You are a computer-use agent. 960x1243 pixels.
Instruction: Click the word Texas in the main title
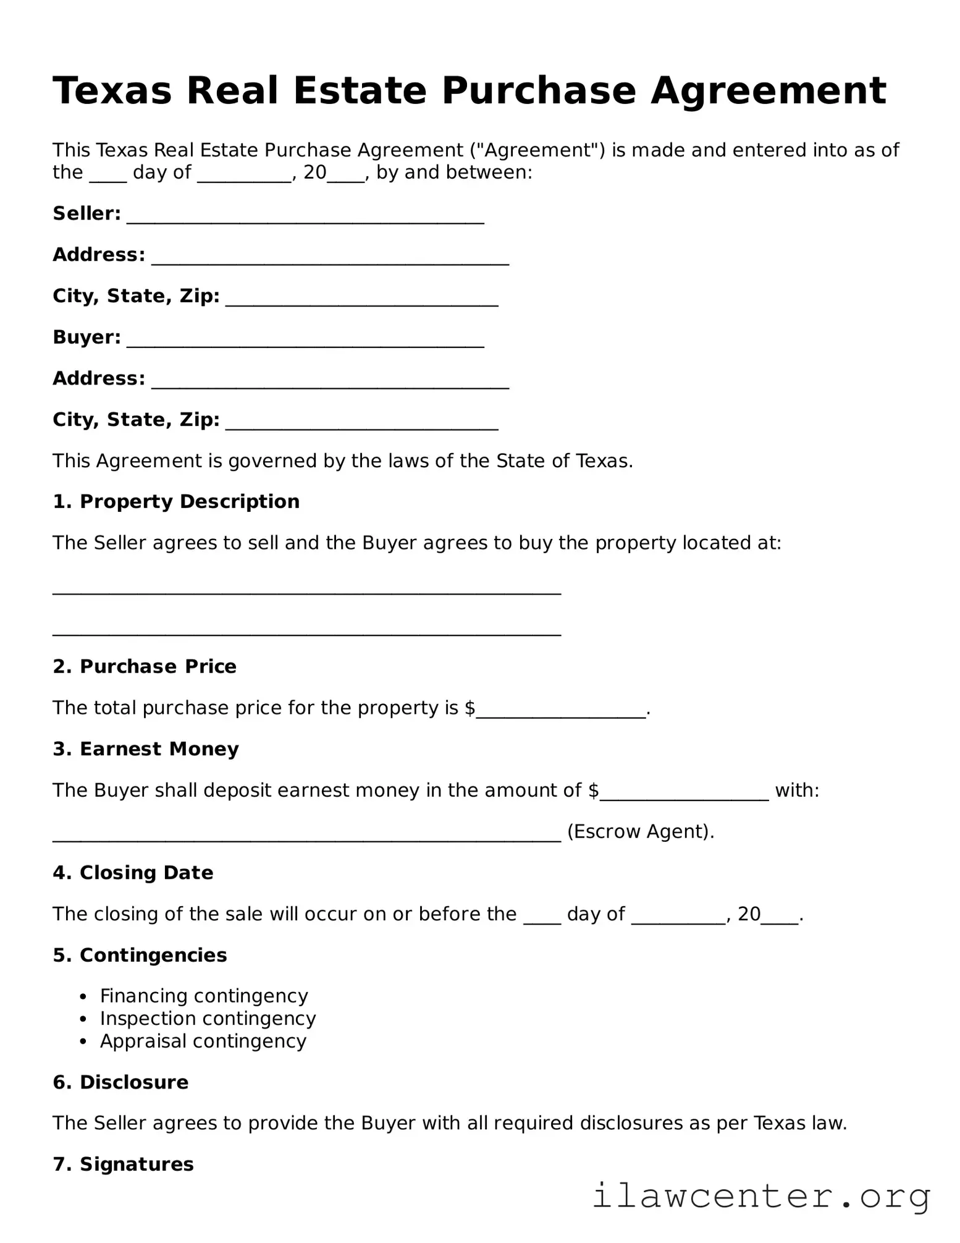tap(112, 91)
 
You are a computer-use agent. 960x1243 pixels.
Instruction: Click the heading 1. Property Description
tap(176, 501)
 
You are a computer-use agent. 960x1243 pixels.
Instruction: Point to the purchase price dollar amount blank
tap(561, 711)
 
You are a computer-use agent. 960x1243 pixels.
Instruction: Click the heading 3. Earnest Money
tap(146, 749)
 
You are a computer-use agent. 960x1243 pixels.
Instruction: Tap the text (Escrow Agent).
tap(640, 831)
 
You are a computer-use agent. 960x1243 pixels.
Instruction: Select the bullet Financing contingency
tap(204, 996)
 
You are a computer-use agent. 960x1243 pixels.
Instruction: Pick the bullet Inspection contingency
tap(208, 1018)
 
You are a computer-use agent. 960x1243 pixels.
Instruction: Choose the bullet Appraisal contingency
tap(203, 1041)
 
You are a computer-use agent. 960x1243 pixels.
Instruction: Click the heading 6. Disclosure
tap(120, 1082)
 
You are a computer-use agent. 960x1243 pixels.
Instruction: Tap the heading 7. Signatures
tap(123, 1165)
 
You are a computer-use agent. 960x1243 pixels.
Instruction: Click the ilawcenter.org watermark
tap(760, 1197)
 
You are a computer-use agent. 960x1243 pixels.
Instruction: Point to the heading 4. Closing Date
tap(133, 873)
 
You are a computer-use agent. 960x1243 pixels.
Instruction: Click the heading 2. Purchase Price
tap(145, 666)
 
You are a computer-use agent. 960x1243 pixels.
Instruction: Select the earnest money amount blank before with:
tap(684, 794)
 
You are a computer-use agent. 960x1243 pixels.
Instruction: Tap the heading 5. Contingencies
tap(140, 955)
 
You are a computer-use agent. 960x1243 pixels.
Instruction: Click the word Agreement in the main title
tap(768, 91)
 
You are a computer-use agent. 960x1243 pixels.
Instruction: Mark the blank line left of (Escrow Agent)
tap(306, 836)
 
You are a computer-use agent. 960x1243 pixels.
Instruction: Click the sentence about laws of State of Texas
tap(343, 460)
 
